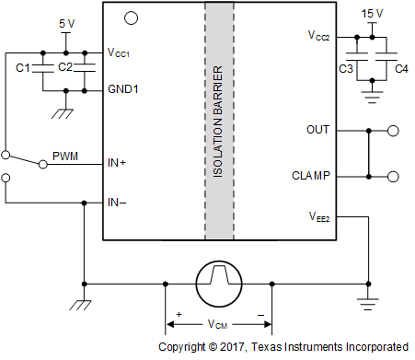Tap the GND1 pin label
[x=122, y=91]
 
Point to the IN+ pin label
[x=117, y=163]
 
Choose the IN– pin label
[x=117, y=203]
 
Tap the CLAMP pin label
[x=312, y=175]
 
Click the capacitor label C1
[x=25, y=67]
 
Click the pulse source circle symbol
[x=218, y=280]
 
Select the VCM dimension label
[x=218, y=324]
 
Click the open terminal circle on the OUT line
[x=394, y=131]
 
